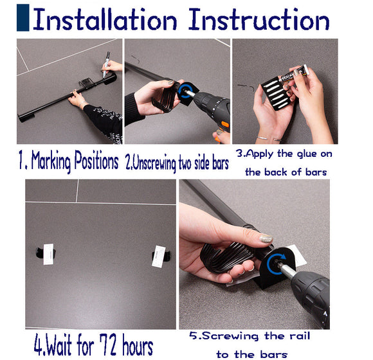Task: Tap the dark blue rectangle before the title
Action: [x=23, y=17]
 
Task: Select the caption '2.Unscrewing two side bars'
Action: [x=176, y=162]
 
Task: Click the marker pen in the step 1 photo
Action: [x=105, y=65]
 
